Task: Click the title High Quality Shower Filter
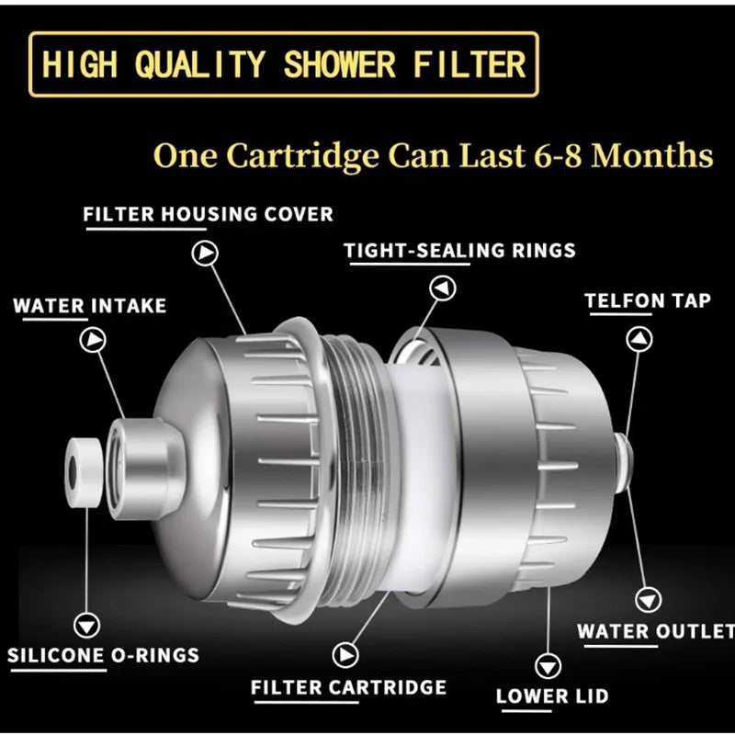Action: coord(284,64)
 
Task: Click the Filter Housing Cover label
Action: coord(209,214)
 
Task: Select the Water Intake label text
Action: coord(90,305)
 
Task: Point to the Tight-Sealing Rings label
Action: coord(459,250)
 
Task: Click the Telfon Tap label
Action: coord(648,300)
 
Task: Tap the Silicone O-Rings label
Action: coord(103,656)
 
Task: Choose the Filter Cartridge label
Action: coord(348,687)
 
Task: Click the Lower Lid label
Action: coord(552,695)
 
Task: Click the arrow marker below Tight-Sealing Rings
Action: coord(444,288)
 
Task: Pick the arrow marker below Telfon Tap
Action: coord(639,339)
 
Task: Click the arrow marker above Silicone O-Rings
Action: coord(88,626)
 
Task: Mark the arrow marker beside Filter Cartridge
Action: coord(345,654)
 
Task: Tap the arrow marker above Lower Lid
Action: coord(549,663)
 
